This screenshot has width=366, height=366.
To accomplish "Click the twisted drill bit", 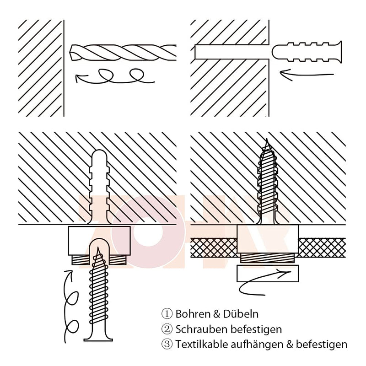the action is click(x=123, y=52).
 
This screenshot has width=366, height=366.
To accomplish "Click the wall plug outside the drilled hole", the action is click(x=307, y=52).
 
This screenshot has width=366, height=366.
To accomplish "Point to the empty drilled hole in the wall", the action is click(x=231, y=52).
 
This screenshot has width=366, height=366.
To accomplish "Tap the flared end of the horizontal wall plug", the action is click(x=339, y=52).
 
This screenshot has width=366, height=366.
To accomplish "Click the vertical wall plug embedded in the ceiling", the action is click(x=99, y=187).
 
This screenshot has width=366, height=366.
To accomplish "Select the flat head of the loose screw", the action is click(x=98, y=339).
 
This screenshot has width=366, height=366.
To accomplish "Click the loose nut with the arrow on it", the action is click(x=268, y=273).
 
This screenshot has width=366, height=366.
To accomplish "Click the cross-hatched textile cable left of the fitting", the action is click(x=214, y=248).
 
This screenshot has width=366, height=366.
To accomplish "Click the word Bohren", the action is click(x=193, y=314).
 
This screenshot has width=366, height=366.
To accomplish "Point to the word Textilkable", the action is click(x=202, y=344).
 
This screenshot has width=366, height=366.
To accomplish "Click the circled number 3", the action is click(x=167, y=344).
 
